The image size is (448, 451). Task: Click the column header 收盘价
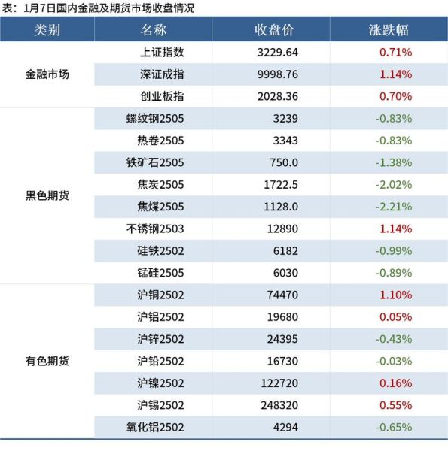point(271,30)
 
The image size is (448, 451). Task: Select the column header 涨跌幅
point(389,30)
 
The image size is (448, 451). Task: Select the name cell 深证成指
point(162,74)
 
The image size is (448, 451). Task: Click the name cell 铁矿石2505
point(155,162)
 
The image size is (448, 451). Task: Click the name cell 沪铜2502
point(160,295)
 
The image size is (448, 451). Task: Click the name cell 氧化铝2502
point(155,427)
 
